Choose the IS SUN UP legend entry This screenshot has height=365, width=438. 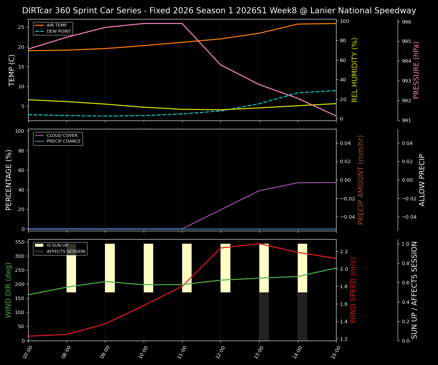57,246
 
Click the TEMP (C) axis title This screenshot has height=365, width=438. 12,70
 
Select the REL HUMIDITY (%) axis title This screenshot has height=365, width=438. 355,70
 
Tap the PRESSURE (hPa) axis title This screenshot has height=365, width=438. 416,70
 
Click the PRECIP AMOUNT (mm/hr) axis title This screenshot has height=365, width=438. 361,179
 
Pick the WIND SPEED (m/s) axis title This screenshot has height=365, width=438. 353,290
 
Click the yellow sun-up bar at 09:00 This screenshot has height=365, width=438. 110,268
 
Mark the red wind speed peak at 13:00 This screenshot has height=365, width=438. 259,244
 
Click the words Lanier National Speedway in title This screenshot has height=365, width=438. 363,11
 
